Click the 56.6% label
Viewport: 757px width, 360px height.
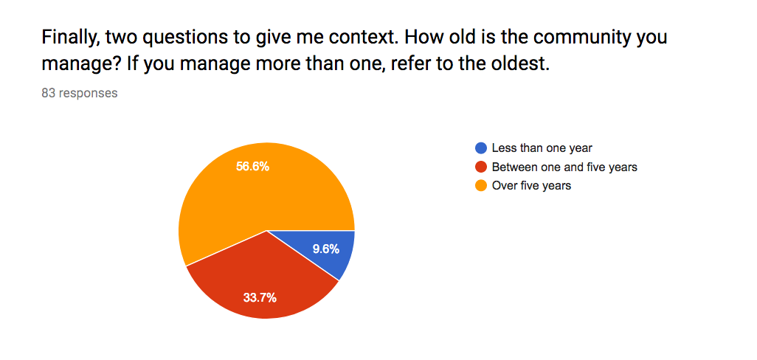coord(252,167)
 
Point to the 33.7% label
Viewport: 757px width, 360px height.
coord(260,298)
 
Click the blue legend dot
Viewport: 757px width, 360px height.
coord(481,148)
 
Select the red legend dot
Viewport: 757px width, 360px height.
coord(481,167)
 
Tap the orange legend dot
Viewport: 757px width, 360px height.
coord(481,186)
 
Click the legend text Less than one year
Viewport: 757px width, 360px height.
coord(542,148)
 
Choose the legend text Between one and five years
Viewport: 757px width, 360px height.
coord(564,167)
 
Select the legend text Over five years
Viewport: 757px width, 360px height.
coord(531,186)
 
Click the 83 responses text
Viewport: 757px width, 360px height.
coord(80,93)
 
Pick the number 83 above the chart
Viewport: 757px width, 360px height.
coord(48,93)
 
